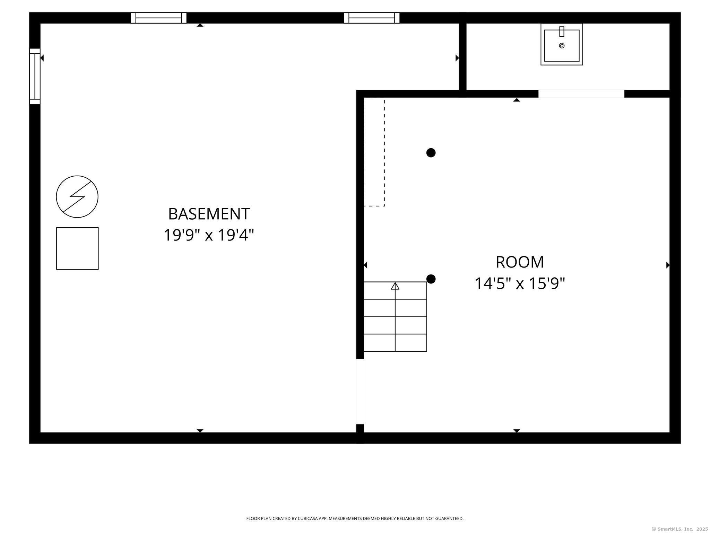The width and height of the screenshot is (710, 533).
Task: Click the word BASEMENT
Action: [209, 214]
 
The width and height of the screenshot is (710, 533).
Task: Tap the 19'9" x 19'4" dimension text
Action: [209, 235]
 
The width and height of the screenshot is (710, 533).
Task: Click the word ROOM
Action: [520, 262]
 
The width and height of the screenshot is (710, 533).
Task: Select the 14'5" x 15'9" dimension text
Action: [520, 283]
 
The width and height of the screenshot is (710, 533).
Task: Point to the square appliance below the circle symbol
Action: [77, 248]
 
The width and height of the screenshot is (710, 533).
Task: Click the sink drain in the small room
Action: [562, 45]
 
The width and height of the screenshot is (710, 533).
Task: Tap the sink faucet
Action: [562, 32]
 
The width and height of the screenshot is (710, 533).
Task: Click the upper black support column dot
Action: [431, 153]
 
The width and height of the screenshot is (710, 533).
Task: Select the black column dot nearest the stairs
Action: [431, 279]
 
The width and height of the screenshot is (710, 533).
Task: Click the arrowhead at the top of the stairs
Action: [395, 286]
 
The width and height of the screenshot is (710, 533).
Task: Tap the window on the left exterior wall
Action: [35, 76]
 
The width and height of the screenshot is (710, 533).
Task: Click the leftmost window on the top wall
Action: [158, 18]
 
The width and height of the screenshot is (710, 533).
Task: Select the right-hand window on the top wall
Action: [372, 18]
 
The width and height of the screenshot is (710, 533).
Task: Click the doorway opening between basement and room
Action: [360, 391]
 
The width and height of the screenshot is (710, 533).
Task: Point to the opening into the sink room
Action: [581, 94]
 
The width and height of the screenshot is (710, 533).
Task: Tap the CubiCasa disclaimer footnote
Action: [355, 518]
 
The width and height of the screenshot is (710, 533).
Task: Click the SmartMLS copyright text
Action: [679, 529]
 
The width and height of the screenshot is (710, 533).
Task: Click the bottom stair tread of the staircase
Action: [395, 343]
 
